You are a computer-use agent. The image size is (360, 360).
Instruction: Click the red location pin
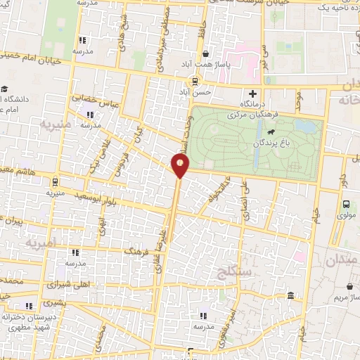pos(181,166)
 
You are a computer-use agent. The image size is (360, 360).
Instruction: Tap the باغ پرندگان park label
pos(274,142)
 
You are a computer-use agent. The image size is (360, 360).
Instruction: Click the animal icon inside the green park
pos(271,131)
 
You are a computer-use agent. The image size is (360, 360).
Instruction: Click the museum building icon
pos(291,296)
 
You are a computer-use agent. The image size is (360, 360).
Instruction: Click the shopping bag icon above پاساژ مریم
pos(351,286)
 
